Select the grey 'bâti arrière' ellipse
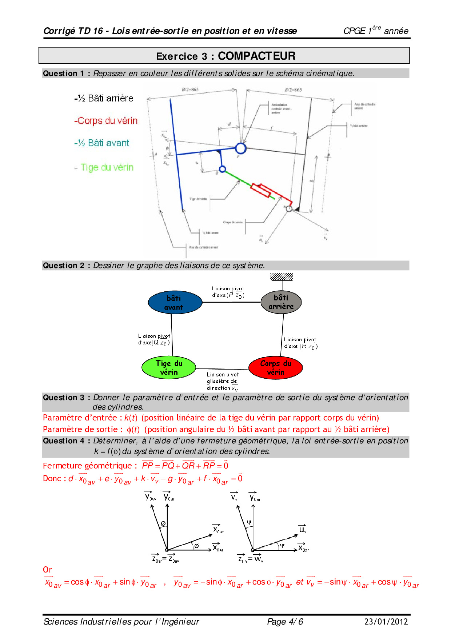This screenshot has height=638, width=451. (281, 302)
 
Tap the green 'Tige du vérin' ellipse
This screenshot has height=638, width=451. (169, 367)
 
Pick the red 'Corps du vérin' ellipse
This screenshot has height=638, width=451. (276, 367)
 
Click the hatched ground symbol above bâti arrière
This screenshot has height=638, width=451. (282, 277)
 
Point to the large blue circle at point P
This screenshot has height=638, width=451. (240, 148)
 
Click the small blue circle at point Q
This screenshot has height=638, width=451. (223, 169)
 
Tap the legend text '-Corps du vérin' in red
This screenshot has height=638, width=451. (106, 121)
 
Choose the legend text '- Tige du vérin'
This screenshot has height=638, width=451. (104, 167)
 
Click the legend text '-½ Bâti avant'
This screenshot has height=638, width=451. (102, 143)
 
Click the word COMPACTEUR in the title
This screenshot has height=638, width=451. (256, 56)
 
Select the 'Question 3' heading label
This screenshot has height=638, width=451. (63, 398)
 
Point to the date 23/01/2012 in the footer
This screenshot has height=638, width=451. (386, 621)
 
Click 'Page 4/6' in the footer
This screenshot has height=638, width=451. (285, 621)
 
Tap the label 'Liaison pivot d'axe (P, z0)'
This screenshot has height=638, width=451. (228, 292)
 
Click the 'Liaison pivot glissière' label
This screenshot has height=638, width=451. (223, 381)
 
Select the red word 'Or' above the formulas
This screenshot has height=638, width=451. (47, 570)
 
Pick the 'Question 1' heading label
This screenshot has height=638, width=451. (63, 73)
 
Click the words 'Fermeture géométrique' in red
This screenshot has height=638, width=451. (87, 466)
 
